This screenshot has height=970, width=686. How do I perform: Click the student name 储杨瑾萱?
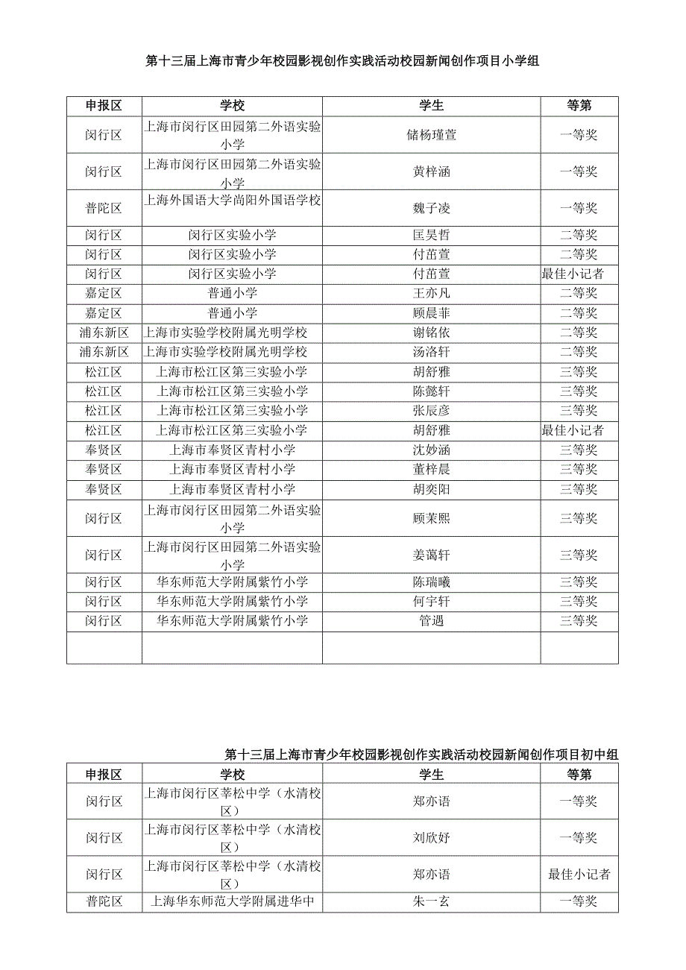[x=431, y=135]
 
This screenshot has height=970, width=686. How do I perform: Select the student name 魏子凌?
[x=431, y=208]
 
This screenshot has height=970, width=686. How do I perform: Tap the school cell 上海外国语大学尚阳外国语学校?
[x=232, y=200]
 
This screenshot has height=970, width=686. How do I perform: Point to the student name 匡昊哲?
[x=431, y=235]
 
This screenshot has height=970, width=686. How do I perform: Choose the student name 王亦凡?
[x=431, y=293]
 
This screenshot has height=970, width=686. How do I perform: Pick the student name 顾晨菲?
[x=431, y=313]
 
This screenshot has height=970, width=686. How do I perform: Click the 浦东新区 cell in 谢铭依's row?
[x=104, y=333]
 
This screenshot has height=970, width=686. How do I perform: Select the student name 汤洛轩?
[x=431, y=352]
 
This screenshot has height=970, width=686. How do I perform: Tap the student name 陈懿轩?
[x=431, y=391]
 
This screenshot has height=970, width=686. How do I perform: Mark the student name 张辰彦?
[x=431, y=410]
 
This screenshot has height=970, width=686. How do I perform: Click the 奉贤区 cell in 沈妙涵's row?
[x=104, y=450]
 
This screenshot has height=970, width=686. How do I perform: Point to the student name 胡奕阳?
[x=431, y=489]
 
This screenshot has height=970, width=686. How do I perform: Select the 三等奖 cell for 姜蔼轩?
[x=579, y=555]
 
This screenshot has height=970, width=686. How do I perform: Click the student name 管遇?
[x=431, y=620]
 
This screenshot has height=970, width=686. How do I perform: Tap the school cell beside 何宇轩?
[x=232, y=601]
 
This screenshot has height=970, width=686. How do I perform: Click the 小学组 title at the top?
[x=342, y=62]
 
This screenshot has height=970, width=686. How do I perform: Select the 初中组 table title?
[x=421, y=755]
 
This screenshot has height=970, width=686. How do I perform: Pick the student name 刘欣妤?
[x=431, y=837]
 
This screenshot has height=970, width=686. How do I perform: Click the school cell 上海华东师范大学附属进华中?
[x=232, y=901]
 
